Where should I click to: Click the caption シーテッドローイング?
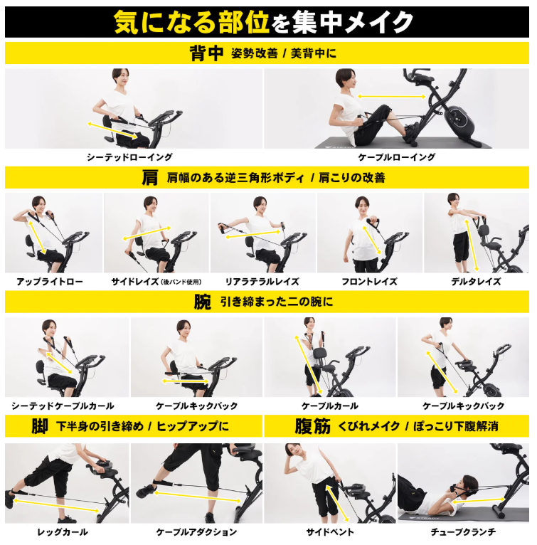(x=129, y=157)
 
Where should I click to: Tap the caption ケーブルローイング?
(x=397, y=157)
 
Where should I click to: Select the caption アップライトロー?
(x=50, y=282)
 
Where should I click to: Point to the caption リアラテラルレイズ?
(x=262, y=282)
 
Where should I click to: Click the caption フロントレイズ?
(x=369, y=282)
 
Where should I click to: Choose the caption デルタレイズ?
(x=476, y=282)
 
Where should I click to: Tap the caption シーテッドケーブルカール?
(x=63, y=406)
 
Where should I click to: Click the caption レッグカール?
(x=63, y=531)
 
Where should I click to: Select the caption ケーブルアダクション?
(x=196, y=531)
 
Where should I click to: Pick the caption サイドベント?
(x=330, y=531)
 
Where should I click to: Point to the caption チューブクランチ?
(x=463, y=531)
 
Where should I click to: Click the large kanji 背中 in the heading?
(x=206, y=53)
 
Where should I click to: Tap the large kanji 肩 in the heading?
(x=150, y=177)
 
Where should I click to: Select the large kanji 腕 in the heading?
(x=203, y=302)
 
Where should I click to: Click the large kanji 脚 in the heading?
(x=40, y=425)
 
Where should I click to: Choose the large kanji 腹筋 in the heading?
(x=312, y=425)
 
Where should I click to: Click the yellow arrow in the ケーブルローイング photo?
(x=391, y=97)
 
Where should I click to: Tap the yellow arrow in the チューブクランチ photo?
(x=479, y=500)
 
